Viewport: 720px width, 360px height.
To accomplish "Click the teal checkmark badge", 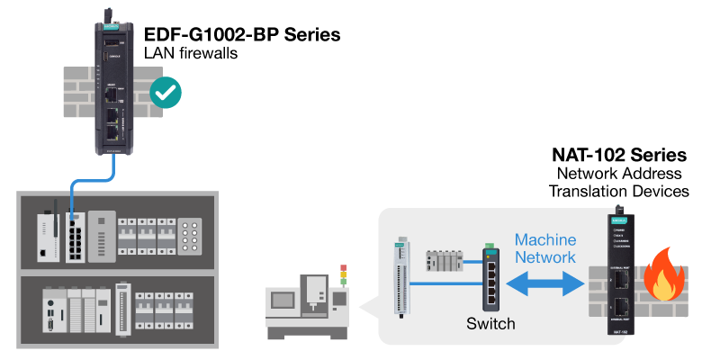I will coord(166,92).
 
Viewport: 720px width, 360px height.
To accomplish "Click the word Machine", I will coord(545,240).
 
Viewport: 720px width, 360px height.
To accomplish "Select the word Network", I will coord(545,258).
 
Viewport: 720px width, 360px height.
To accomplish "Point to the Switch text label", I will coord(490,323).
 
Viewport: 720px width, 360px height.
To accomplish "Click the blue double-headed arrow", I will coord(546,283).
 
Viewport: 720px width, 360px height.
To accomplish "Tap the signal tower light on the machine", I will coord(342,275).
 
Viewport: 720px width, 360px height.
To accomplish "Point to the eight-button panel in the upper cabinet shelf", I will coord(190,238).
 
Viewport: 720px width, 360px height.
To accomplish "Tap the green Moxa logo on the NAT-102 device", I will coord(618,220).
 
